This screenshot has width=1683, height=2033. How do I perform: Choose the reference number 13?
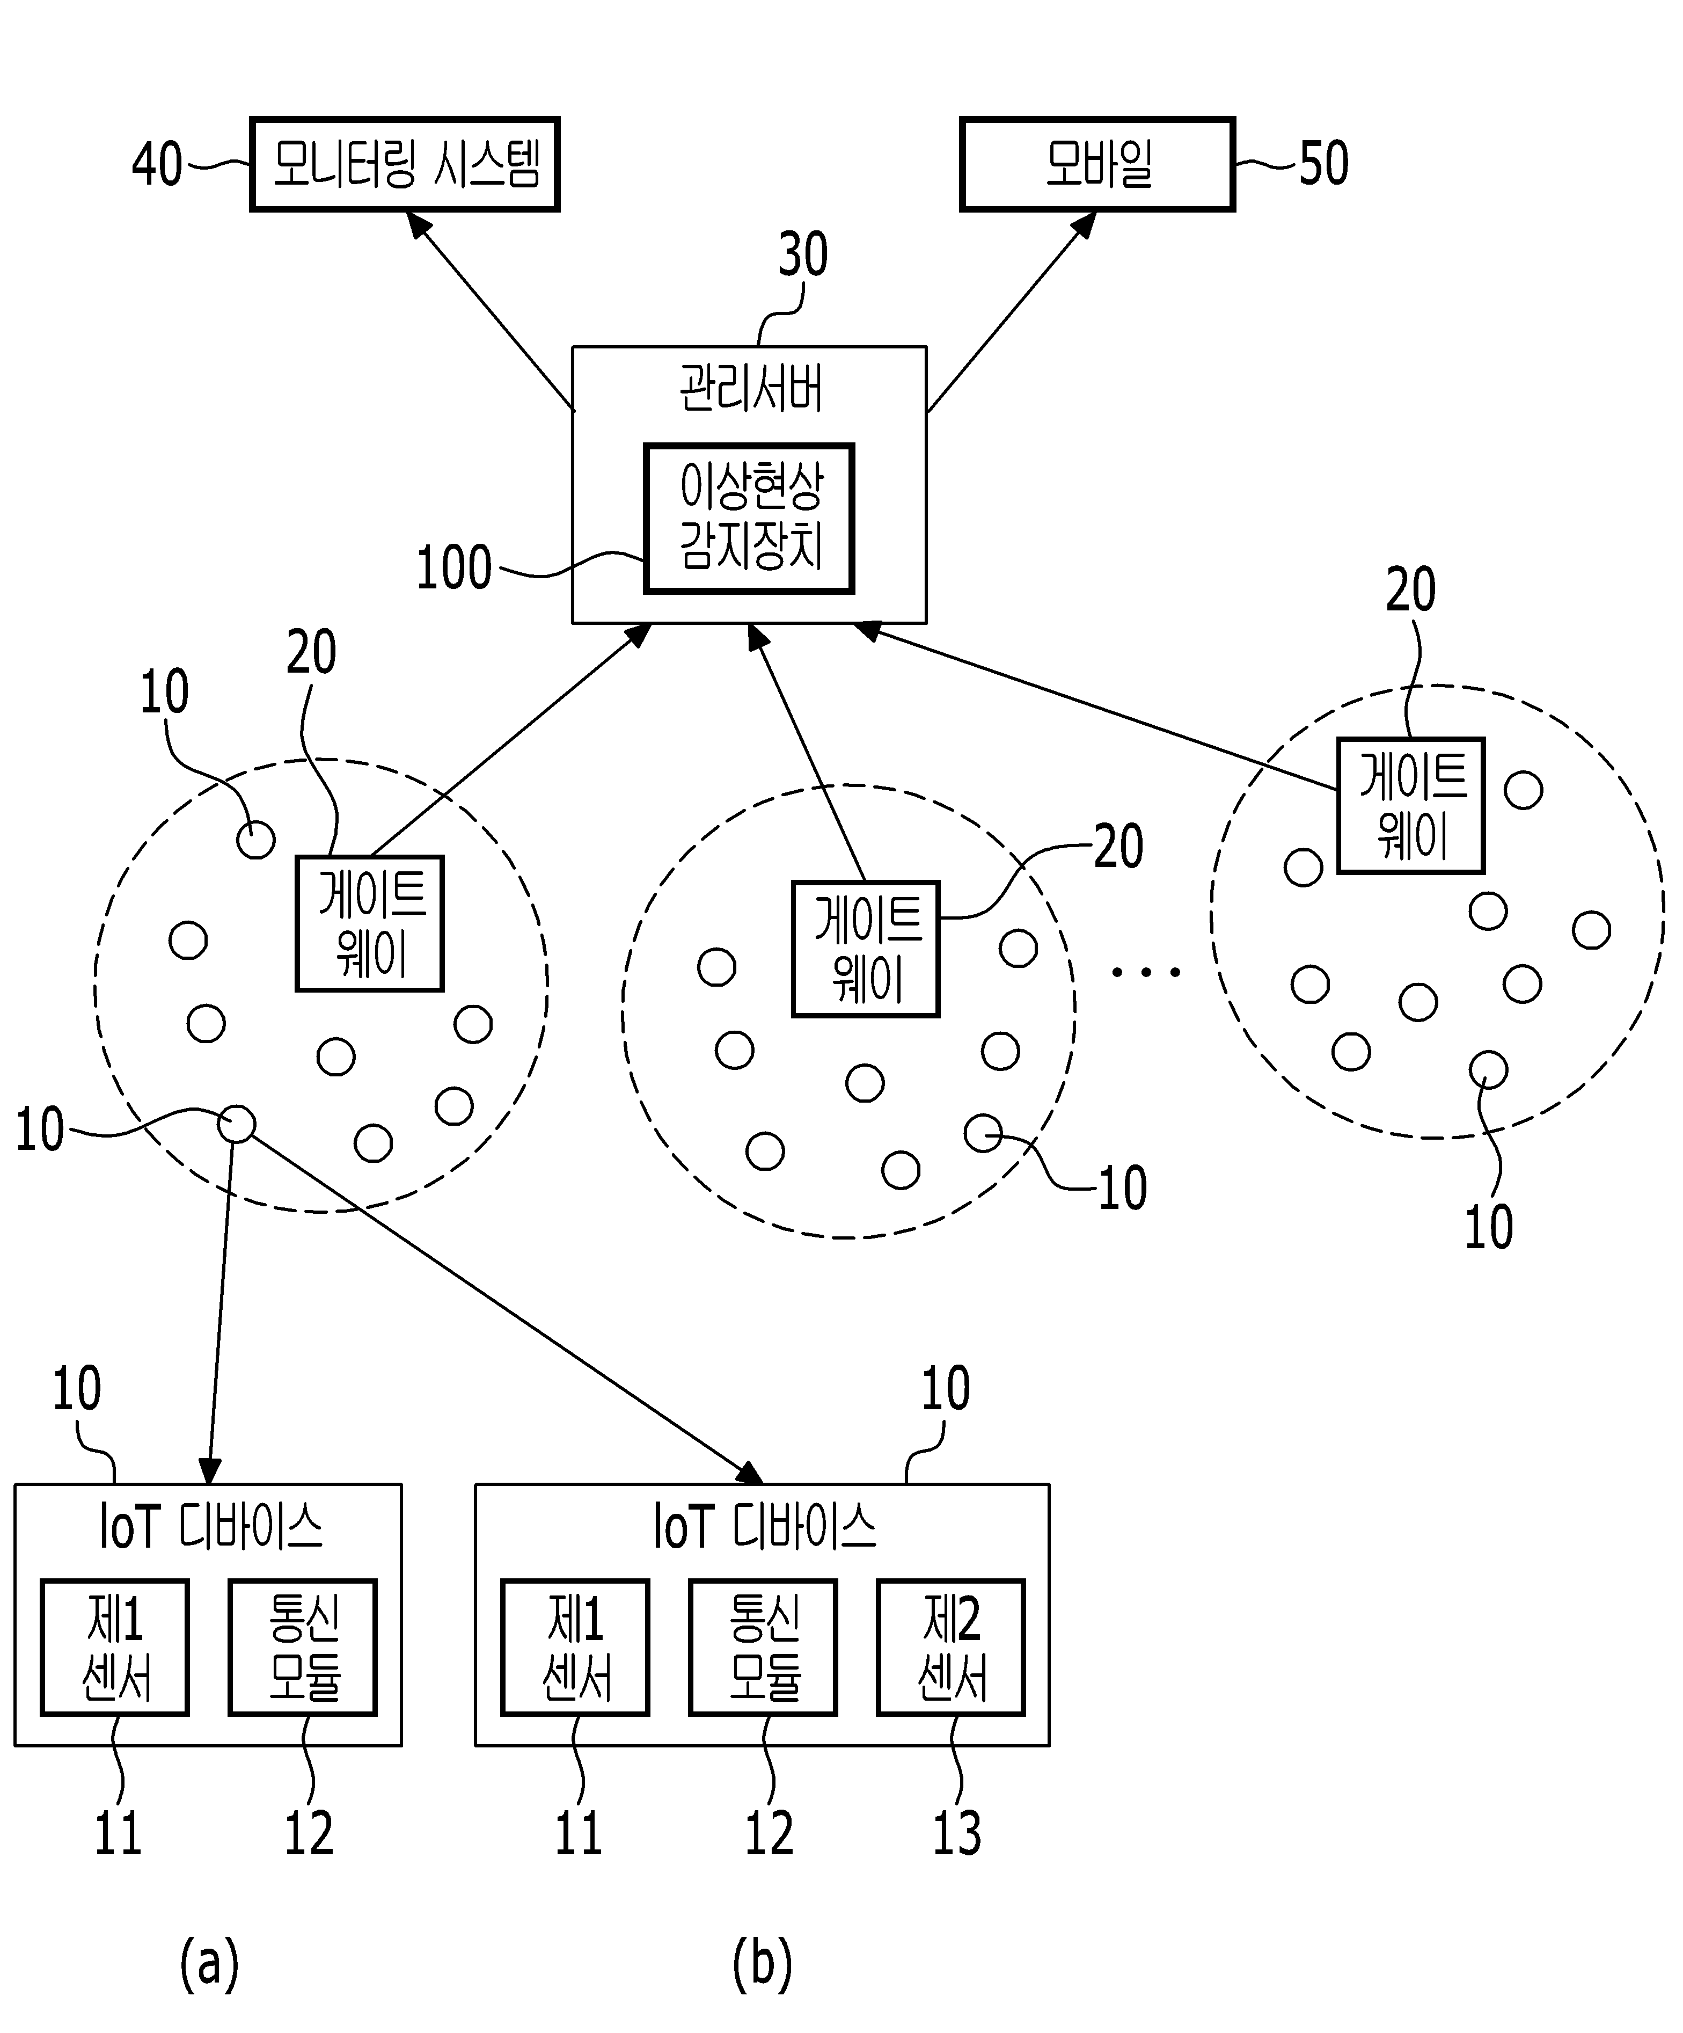[957, 1833]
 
